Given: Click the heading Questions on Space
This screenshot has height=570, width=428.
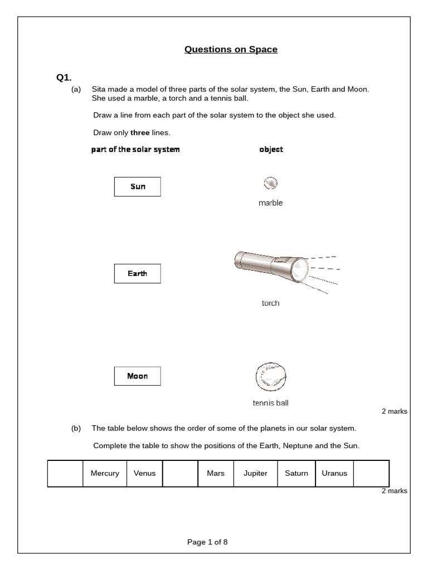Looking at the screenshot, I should point(231,50).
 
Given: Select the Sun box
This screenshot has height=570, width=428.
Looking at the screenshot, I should point(137,186).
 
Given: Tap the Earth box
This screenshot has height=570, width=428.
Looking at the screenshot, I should point(137,273).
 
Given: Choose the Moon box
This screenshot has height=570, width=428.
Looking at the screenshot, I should point(137,376).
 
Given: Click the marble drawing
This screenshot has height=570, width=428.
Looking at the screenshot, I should point(270,183).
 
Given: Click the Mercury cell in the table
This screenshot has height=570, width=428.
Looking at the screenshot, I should point(105,473).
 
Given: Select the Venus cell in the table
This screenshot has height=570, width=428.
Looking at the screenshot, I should point(144,473).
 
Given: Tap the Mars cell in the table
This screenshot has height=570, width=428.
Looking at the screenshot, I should point(215,473).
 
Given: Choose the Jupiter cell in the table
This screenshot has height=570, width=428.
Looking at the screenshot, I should point(255,473).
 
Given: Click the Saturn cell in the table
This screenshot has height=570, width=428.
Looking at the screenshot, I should point(296,473).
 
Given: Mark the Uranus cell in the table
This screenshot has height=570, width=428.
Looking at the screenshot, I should point(334,473).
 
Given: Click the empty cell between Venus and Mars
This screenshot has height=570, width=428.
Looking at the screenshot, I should point(180,473).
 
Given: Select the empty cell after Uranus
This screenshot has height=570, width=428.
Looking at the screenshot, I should point(371,473).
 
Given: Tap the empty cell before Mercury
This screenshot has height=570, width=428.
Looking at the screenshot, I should point(65,473).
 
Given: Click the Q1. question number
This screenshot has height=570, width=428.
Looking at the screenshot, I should point(64,77).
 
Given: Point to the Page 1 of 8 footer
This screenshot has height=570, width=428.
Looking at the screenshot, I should point(207,542).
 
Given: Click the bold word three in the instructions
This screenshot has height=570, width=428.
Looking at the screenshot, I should point(140,133).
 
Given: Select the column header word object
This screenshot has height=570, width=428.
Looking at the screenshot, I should point(271,149).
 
